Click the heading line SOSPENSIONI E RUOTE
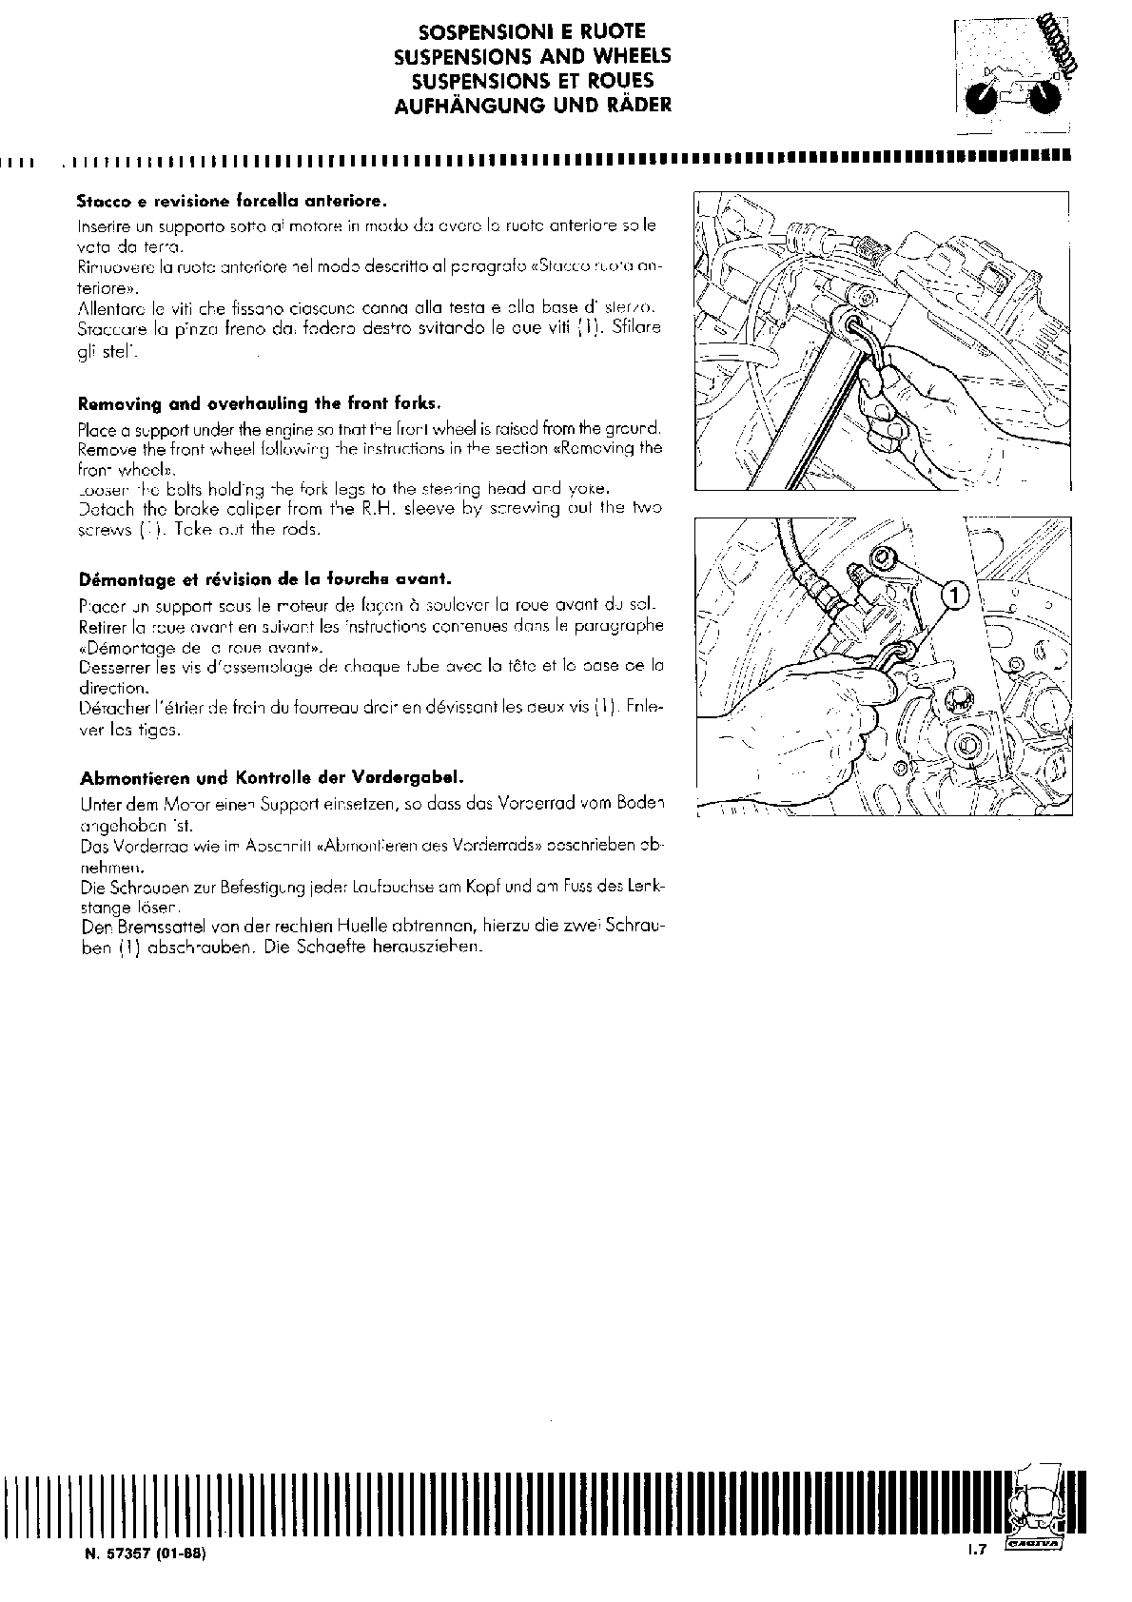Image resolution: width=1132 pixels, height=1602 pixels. [532, 32]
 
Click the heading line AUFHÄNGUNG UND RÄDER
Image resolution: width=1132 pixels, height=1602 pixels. [532, 105]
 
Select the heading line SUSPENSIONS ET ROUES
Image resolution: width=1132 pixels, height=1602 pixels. [532, 81]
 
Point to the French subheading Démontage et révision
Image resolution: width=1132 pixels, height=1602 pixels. [265, 578]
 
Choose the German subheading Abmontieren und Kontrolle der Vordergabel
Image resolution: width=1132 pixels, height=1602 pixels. [272, 777]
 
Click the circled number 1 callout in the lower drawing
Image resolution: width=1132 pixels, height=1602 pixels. [954, 596]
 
